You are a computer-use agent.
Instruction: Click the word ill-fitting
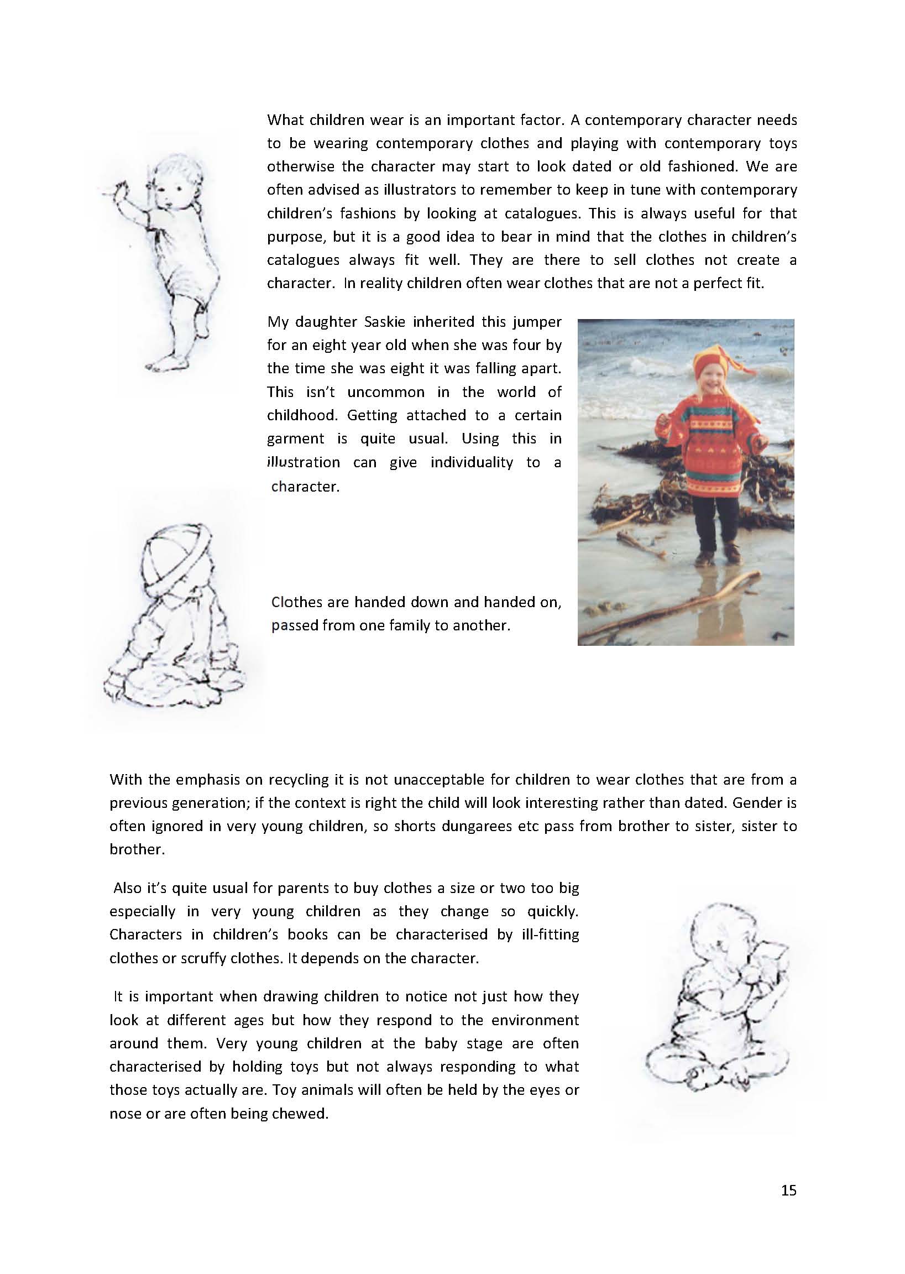pos(550,934)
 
